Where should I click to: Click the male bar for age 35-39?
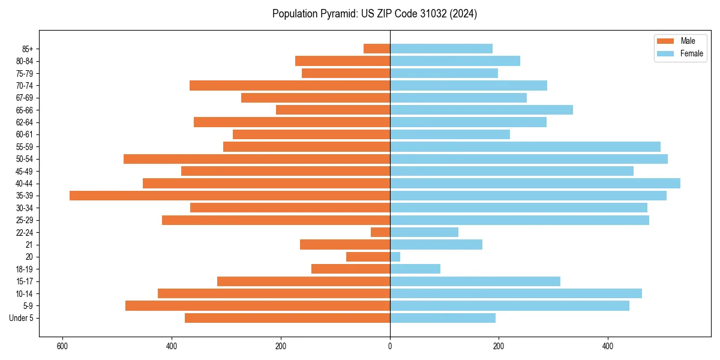[x=230, y=196]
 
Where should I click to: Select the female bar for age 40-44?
[x=535, y=183]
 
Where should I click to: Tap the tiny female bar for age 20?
[x=395, y=257]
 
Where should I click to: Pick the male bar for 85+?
[x=377, y=49]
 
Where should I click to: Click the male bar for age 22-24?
[x=380, y=232]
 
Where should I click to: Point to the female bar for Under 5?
[x=443, y=318]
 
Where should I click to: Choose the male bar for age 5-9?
[x=257, y=306]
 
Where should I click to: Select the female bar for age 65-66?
[x=481, y=110]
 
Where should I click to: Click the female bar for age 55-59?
[x=525, y=146]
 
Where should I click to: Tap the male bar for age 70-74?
[x=290, y=85]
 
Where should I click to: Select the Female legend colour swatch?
[x=666, y=53]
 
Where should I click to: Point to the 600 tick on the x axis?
[x=62, y=346]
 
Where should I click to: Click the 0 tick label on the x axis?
[x=390, y=346]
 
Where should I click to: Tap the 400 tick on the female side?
[x=608, y=346]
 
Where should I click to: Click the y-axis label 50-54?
[x=25, y=159]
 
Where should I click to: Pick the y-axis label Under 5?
[x=21, y=318]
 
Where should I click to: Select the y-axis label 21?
[x=29, y=245]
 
